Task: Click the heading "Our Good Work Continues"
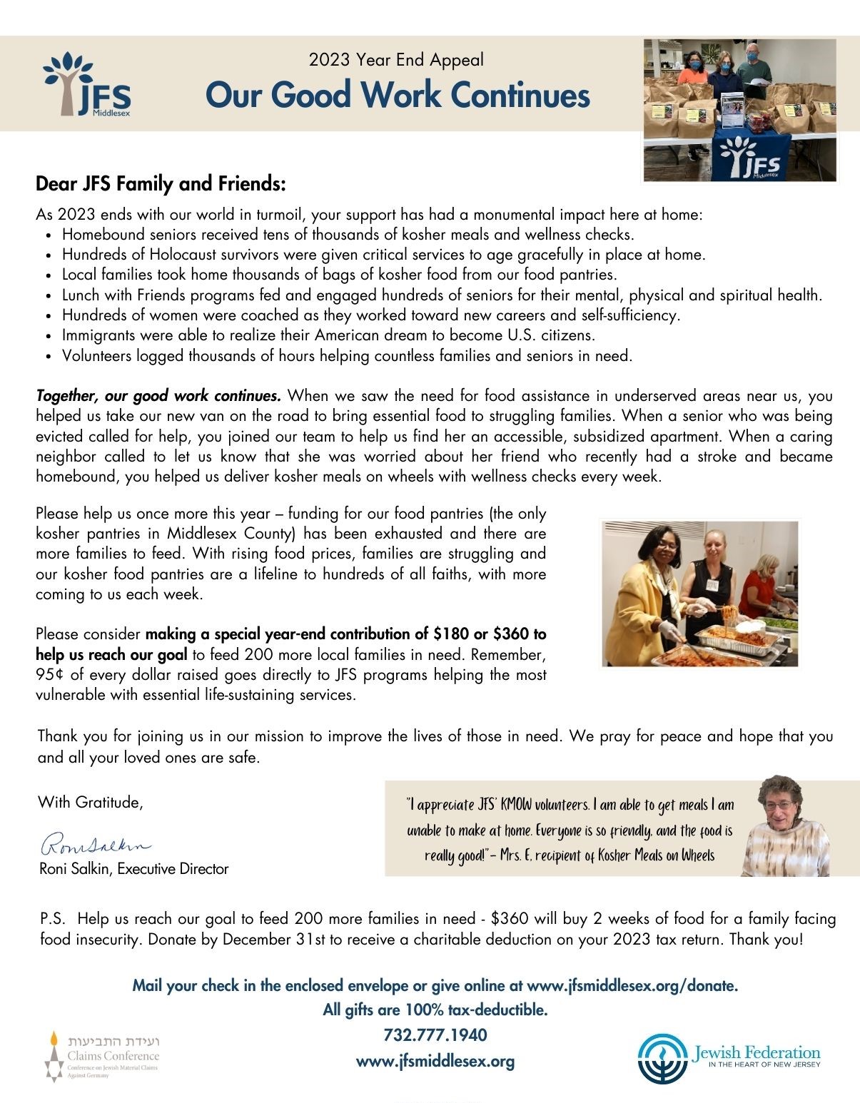coord(398,96)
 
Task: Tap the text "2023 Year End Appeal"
coord(396,60)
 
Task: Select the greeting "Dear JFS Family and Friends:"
coord(161,184)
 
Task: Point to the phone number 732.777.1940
coord(435,1035)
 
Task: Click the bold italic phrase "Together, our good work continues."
coord(158,395)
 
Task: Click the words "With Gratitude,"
coord(91,802)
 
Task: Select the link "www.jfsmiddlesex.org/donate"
coord(631,985)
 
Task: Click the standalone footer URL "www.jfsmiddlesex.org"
coord(435,1061)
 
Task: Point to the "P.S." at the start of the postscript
coord(53,918)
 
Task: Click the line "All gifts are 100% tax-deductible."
coord(435,1010)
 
